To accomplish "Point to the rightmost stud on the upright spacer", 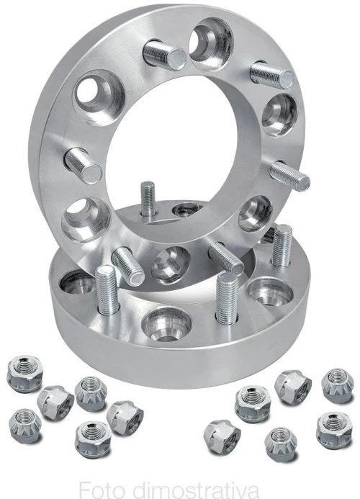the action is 289,176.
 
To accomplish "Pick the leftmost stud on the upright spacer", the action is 84,166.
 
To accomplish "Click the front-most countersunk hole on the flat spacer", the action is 166,325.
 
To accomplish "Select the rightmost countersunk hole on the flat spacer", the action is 271,292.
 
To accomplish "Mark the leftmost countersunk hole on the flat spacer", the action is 76,282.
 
